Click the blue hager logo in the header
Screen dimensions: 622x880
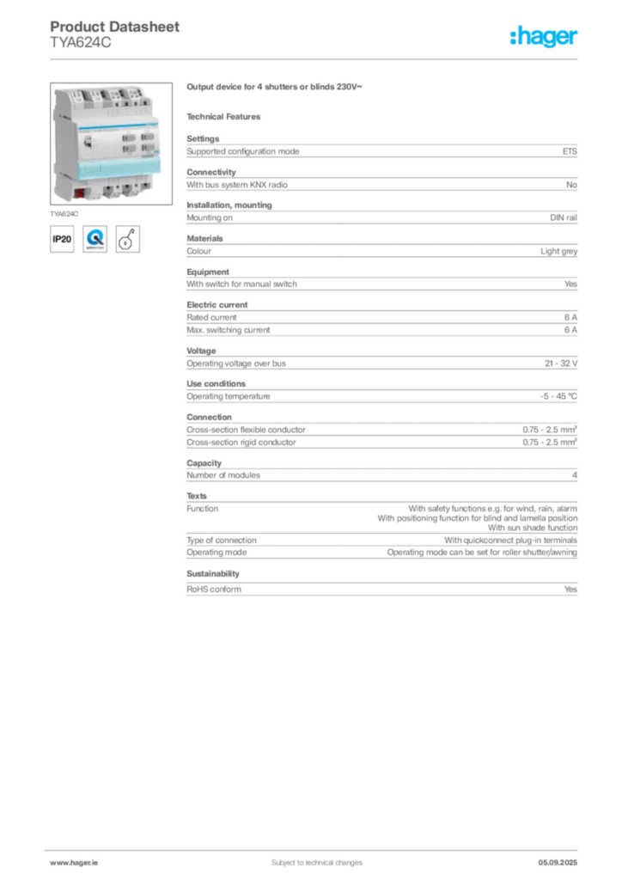click(x=545, y=37)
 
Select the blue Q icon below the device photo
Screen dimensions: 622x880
click(x=95, y=238)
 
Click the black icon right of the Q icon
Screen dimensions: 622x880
click(x=128, y=238)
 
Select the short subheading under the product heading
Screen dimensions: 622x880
click(x=227, y=116)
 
